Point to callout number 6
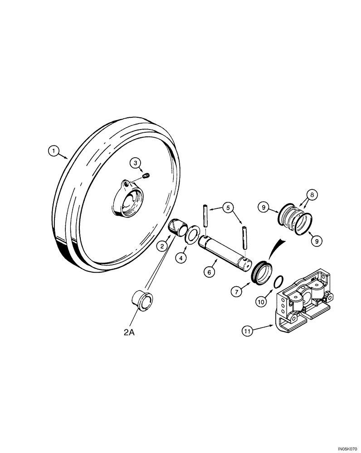pos(209,272)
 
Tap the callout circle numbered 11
pos(247,332)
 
